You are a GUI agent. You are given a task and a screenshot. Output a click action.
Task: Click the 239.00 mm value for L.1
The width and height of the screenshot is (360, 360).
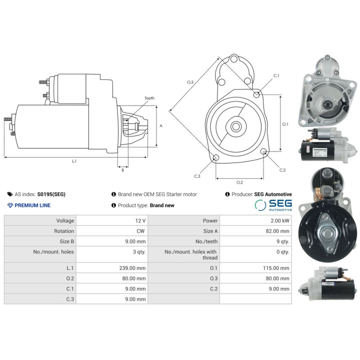(132, 268)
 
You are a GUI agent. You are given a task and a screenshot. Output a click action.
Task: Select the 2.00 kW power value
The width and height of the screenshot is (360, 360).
(280, 220)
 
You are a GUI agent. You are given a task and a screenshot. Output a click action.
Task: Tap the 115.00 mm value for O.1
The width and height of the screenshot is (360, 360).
(276, 268)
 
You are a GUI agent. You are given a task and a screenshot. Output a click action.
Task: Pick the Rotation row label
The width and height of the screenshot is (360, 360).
(64, 231)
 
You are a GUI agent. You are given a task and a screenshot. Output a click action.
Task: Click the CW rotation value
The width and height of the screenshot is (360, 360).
(140, 231)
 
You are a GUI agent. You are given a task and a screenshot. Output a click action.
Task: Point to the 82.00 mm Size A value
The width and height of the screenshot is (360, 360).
(277, 231)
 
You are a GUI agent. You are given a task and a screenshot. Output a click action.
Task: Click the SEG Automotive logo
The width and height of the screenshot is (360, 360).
(273, 205)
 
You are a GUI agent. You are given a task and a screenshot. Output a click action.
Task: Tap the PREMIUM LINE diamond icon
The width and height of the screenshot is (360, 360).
(10, 205)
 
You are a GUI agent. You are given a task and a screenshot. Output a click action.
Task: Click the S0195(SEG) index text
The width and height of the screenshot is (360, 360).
(51, 194)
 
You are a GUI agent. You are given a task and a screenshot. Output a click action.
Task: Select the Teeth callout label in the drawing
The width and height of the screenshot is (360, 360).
(149, 98)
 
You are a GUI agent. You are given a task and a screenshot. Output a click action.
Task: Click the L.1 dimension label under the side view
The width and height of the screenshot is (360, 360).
(74, 161)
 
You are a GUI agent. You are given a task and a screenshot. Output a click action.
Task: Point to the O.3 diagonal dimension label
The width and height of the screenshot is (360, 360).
(190, 82)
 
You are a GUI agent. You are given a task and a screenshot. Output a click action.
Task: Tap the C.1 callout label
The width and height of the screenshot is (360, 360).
(276, 75)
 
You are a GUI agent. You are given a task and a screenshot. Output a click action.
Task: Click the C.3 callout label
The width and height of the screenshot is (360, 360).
(197, 176)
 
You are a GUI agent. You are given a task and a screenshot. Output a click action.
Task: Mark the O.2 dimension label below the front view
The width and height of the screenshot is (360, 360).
(239, 182)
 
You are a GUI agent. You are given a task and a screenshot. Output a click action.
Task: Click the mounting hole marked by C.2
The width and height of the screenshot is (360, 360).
(264, 151)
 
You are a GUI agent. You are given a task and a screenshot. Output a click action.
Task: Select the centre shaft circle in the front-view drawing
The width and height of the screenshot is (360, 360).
(236, 126)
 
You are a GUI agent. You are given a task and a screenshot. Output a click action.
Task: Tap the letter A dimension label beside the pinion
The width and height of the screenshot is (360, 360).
(161, 126)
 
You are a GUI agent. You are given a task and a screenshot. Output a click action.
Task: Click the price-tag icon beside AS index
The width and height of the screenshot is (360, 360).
(10, 194)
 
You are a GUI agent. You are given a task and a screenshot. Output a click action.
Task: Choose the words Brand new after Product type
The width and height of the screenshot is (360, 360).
(162, 205)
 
